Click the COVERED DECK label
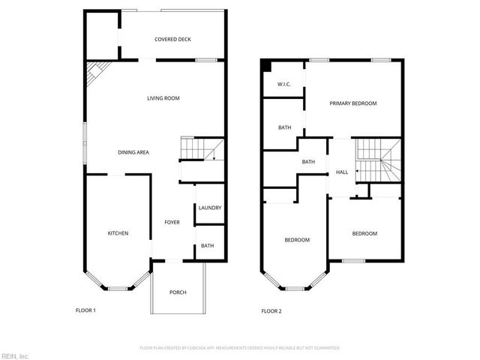click(172, 40)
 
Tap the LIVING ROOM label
click(163, 98)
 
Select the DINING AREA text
click(133, 152)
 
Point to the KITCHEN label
click(118, 233)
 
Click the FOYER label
click(172, 222)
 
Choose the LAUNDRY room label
click(210, 208)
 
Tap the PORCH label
click(178, 292)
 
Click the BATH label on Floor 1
click(207, 245)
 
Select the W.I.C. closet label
click(284, 84)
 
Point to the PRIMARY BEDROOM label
click(352, 103)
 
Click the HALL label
click(342, 172)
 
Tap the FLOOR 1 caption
click(85, 310)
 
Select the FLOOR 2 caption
click(271, 310)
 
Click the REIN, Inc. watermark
click(15, 355)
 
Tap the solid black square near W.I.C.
click(265, 66)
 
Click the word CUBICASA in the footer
click(202, 348)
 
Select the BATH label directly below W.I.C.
click(284, 127)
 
